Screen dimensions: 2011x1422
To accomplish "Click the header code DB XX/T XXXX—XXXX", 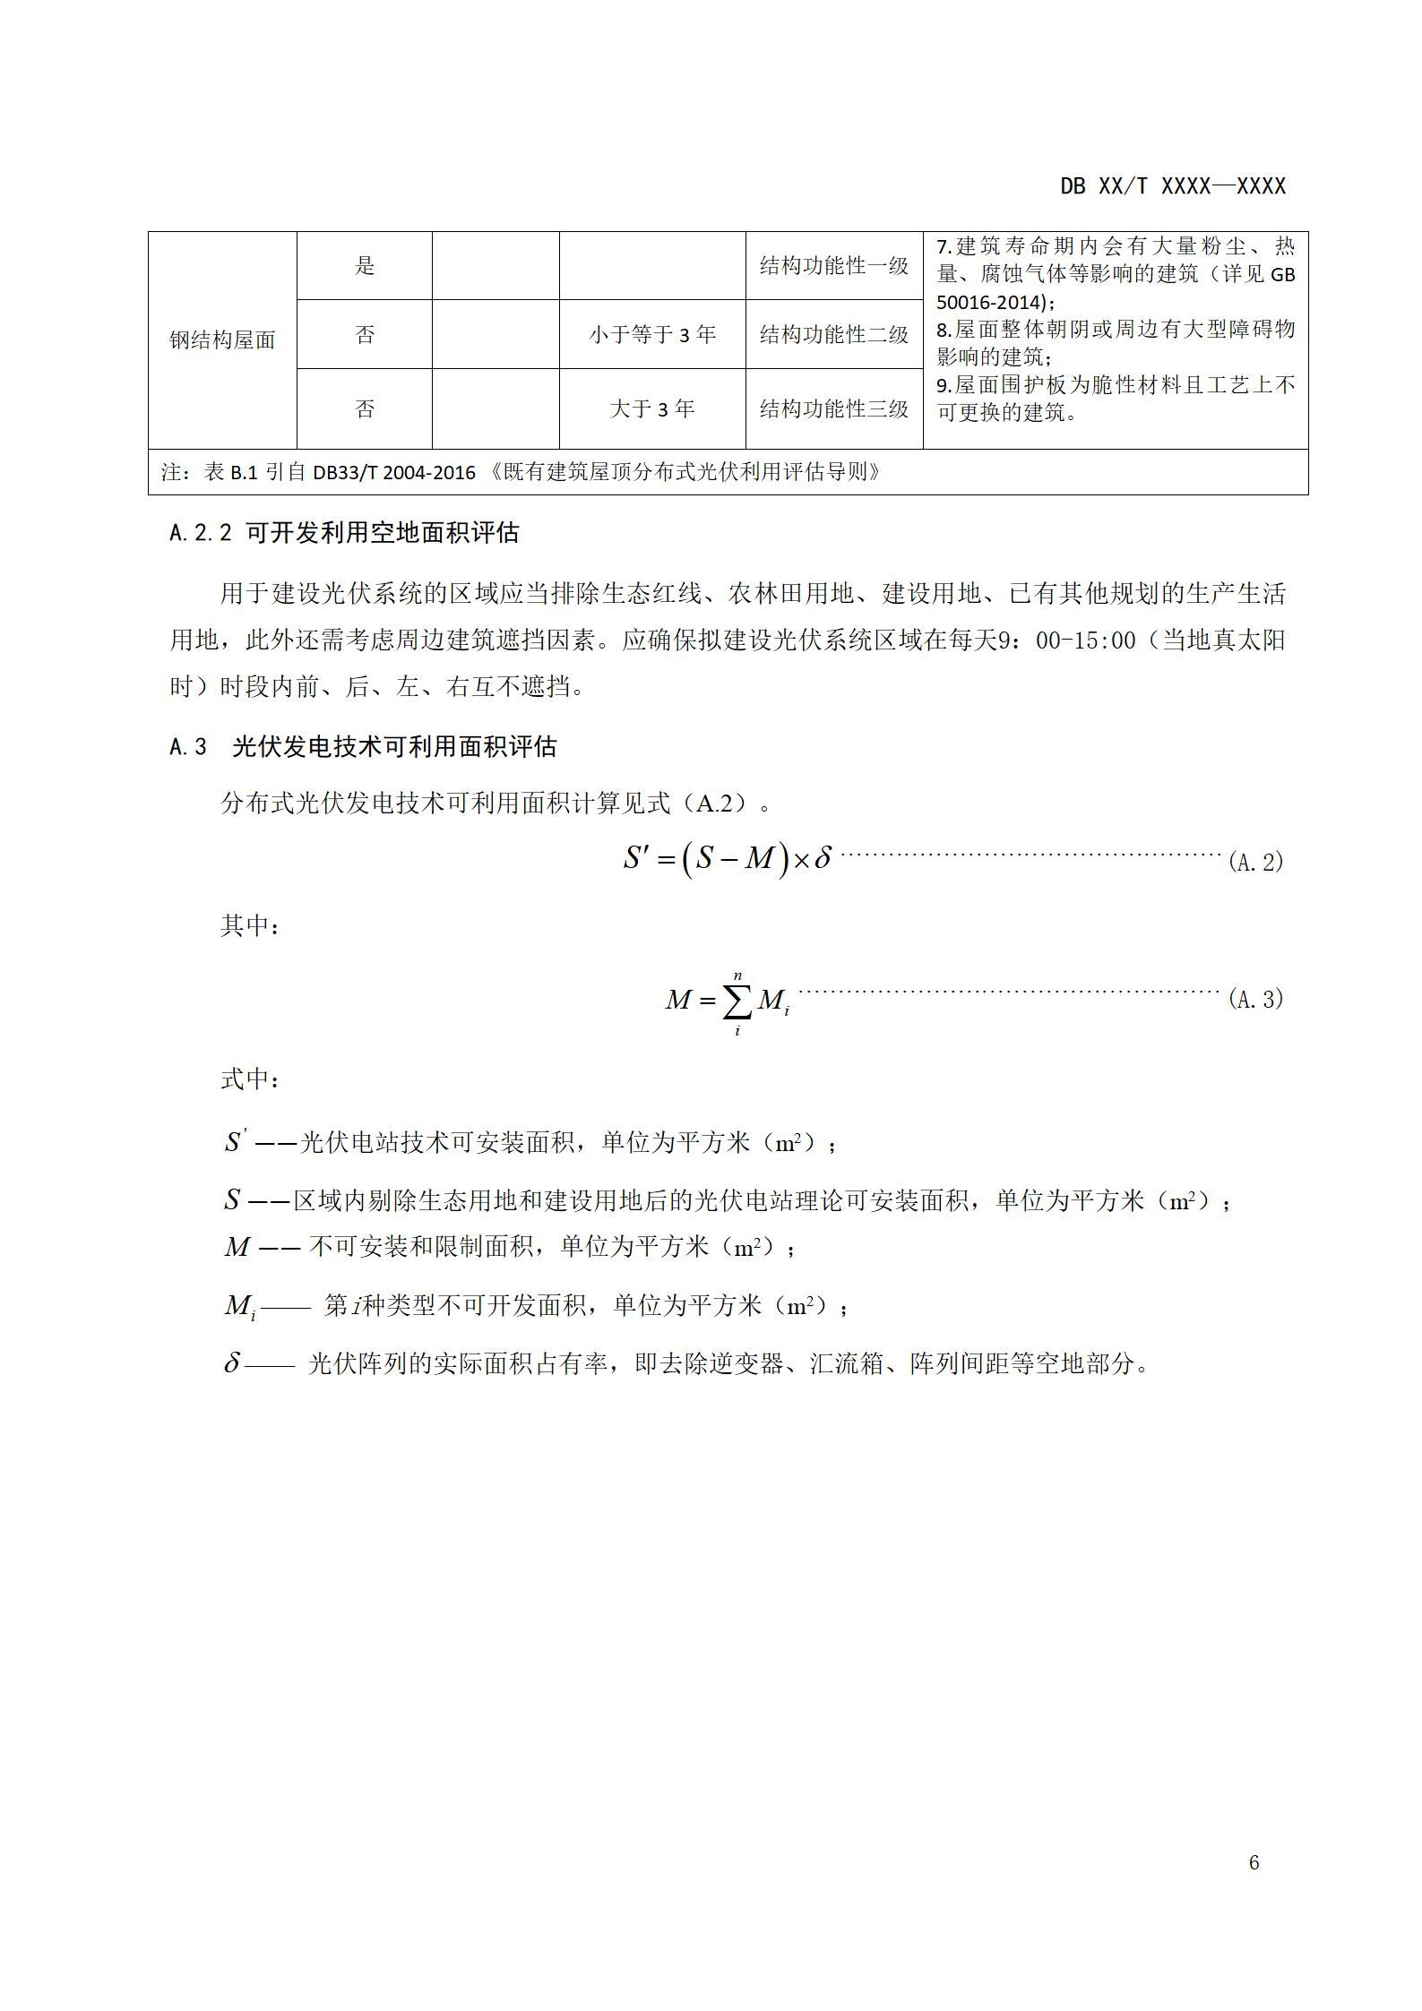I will pos(1172,186).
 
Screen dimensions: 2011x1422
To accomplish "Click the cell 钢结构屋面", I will pos(222,340).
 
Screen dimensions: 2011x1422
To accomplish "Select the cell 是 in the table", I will pos(364,266).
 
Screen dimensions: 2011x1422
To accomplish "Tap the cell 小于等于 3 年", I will pos(652,335).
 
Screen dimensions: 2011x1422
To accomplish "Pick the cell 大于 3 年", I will pos(652,409).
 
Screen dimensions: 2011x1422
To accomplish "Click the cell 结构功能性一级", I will pos(833,266).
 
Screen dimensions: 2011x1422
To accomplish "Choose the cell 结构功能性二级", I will pos(833,335).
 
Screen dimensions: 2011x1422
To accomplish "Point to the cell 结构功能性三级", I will pos(833,409).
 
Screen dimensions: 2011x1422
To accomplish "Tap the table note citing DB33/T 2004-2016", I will pos(520,472).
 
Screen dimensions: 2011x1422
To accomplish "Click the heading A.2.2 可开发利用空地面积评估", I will pos(344,533).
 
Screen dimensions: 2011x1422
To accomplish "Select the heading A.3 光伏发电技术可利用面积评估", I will pos(363,746).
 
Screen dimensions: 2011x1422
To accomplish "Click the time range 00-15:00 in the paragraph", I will pos(1085,640).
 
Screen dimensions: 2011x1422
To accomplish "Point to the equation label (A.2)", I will pos(1255,862).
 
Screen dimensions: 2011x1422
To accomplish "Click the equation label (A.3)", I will pos(1255,999).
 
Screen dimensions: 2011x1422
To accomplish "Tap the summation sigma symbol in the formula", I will pos(737,1001).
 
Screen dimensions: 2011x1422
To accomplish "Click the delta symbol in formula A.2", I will pos(822,858).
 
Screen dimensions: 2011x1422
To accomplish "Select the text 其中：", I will pos(250,926).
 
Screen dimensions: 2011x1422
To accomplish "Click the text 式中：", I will pos(250,1079).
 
